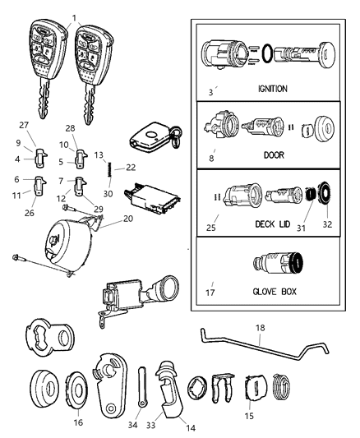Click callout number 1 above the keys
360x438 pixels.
(x=74, y=17)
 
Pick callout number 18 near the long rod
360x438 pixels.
(x=261, y=328)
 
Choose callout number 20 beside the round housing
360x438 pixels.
(x=127, y=219)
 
